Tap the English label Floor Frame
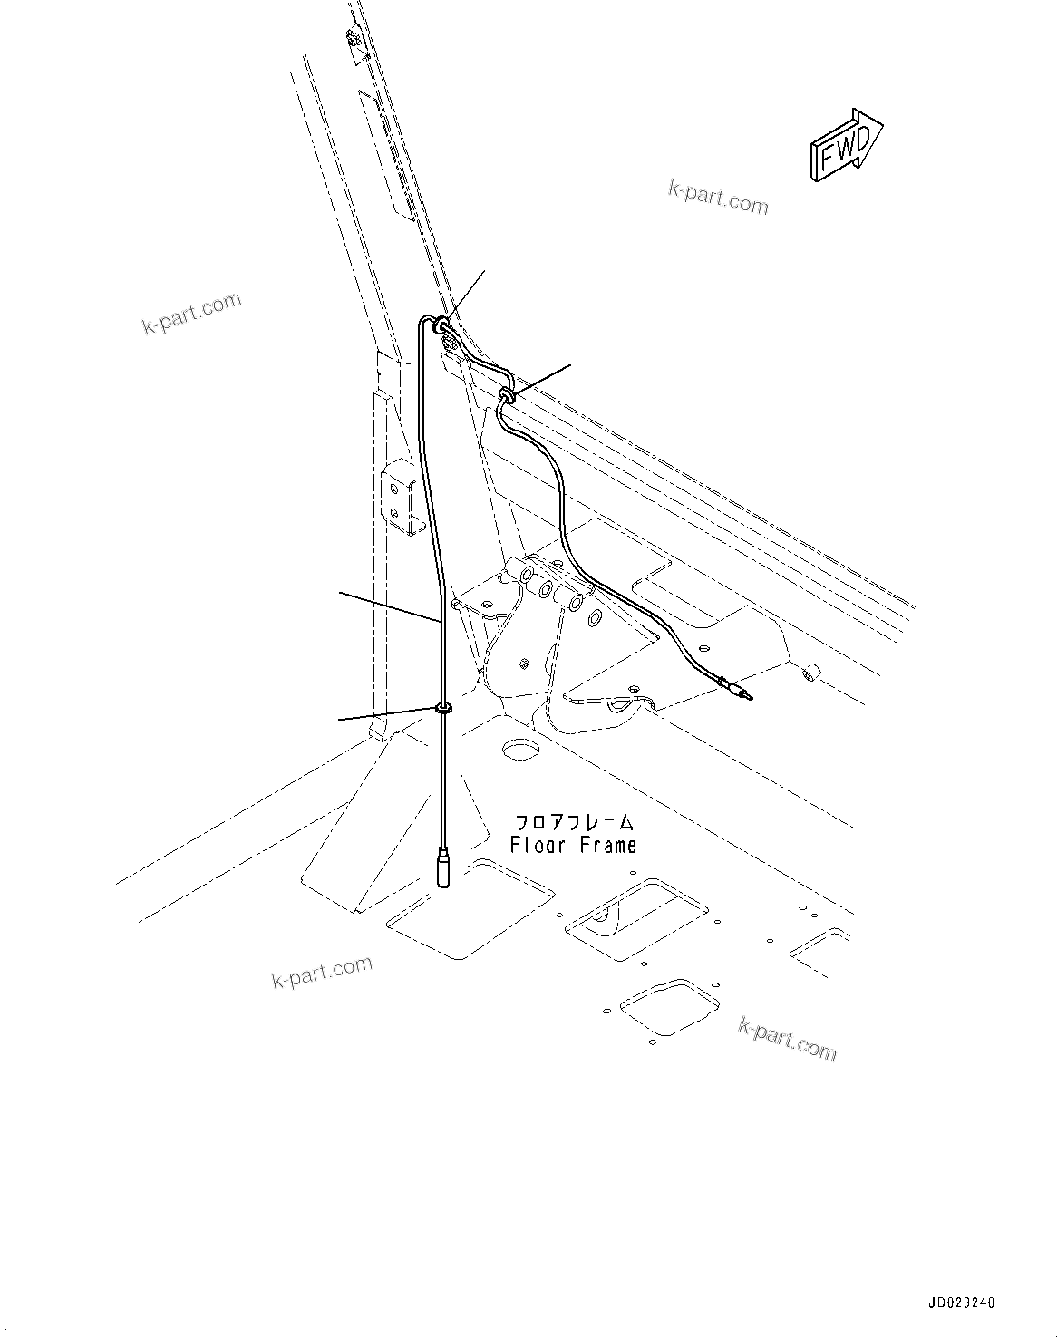[573, 846]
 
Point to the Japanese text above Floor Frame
[575, 824]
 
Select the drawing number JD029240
[960, 1303]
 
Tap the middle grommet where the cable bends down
[507, 392]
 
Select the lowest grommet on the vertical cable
[444, 707]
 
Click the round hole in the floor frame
[520, 748]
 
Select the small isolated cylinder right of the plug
[810, 673]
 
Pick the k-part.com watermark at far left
[192, 312]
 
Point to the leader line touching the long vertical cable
[390, 606]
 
